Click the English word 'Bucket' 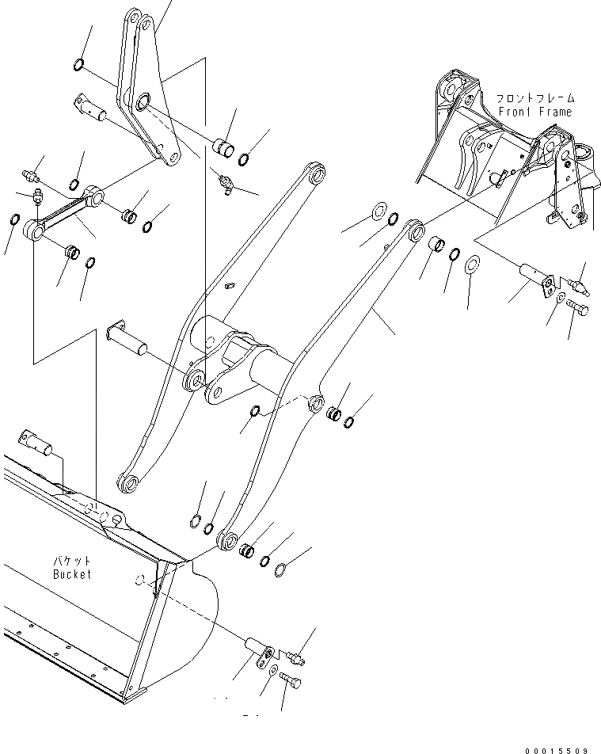[72, 573]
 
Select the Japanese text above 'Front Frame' [536, 99]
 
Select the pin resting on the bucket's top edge [40, 441]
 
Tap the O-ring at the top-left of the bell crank [79, 63]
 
